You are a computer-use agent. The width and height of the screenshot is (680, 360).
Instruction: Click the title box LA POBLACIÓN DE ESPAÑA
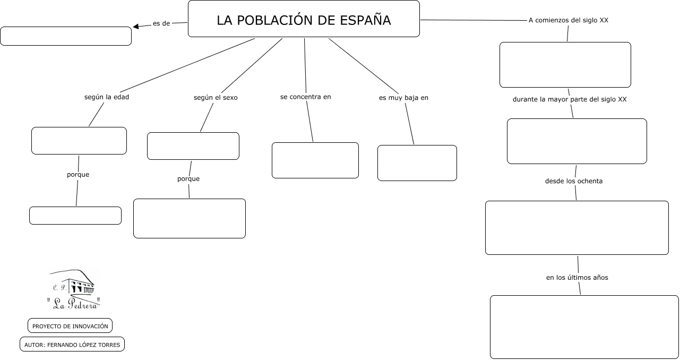point(304,19)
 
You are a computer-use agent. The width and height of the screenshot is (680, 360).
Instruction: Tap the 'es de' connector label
point(161,23)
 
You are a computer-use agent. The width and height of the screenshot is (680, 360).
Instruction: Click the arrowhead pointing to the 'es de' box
point(136,27)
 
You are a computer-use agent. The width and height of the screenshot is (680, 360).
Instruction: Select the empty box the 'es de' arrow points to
point(66,36)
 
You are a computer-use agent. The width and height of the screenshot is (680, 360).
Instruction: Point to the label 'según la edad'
point(107,97)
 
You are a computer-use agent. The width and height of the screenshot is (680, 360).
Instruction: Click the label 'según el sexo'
point(216,98)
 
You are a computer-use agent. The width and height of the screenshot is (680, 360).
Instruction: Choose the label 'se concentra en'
point(305,97)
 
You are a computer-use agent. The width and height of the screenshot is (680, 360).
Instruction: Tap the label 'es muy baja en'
point(403,98)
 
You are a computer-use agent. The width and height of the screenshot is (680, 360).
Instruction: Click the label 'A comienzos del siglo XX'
point(569,20)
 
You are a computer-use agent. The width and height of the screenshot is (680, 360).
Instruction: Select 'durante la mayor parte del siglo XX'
point(570,99)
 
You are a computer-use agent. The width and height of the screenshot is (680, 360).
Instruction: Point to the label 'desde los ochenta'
point(574,181)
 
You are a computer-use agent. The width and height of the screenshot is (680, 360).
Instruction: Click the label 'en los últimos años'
point(577,278)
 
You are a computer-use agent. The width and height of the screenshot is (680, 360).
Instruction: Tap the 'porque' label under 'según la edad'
point(78,175)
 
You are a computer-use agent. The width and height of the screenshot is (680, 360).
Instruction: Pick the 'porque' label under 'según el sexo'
point(188,179)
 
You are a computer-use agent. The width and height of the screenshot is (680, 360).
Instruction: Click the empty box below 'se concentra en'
point(315,160)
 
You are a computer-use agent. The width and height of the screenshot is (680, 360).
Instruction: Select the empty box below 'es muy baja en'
point(417,163)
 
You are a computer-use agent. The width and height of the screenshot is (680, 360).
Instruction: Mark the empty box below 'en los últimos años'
point(584,327)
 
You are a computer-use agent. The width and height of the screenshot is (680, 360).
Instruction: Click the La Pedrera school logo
point(73,289)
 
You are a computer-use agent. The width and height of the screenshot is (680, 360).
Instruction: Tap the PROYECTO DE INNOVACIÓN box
point(70,325)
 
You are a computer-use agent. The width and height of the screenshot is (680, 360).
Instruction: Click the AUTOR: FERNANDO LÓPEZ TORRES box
point(72,344)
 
